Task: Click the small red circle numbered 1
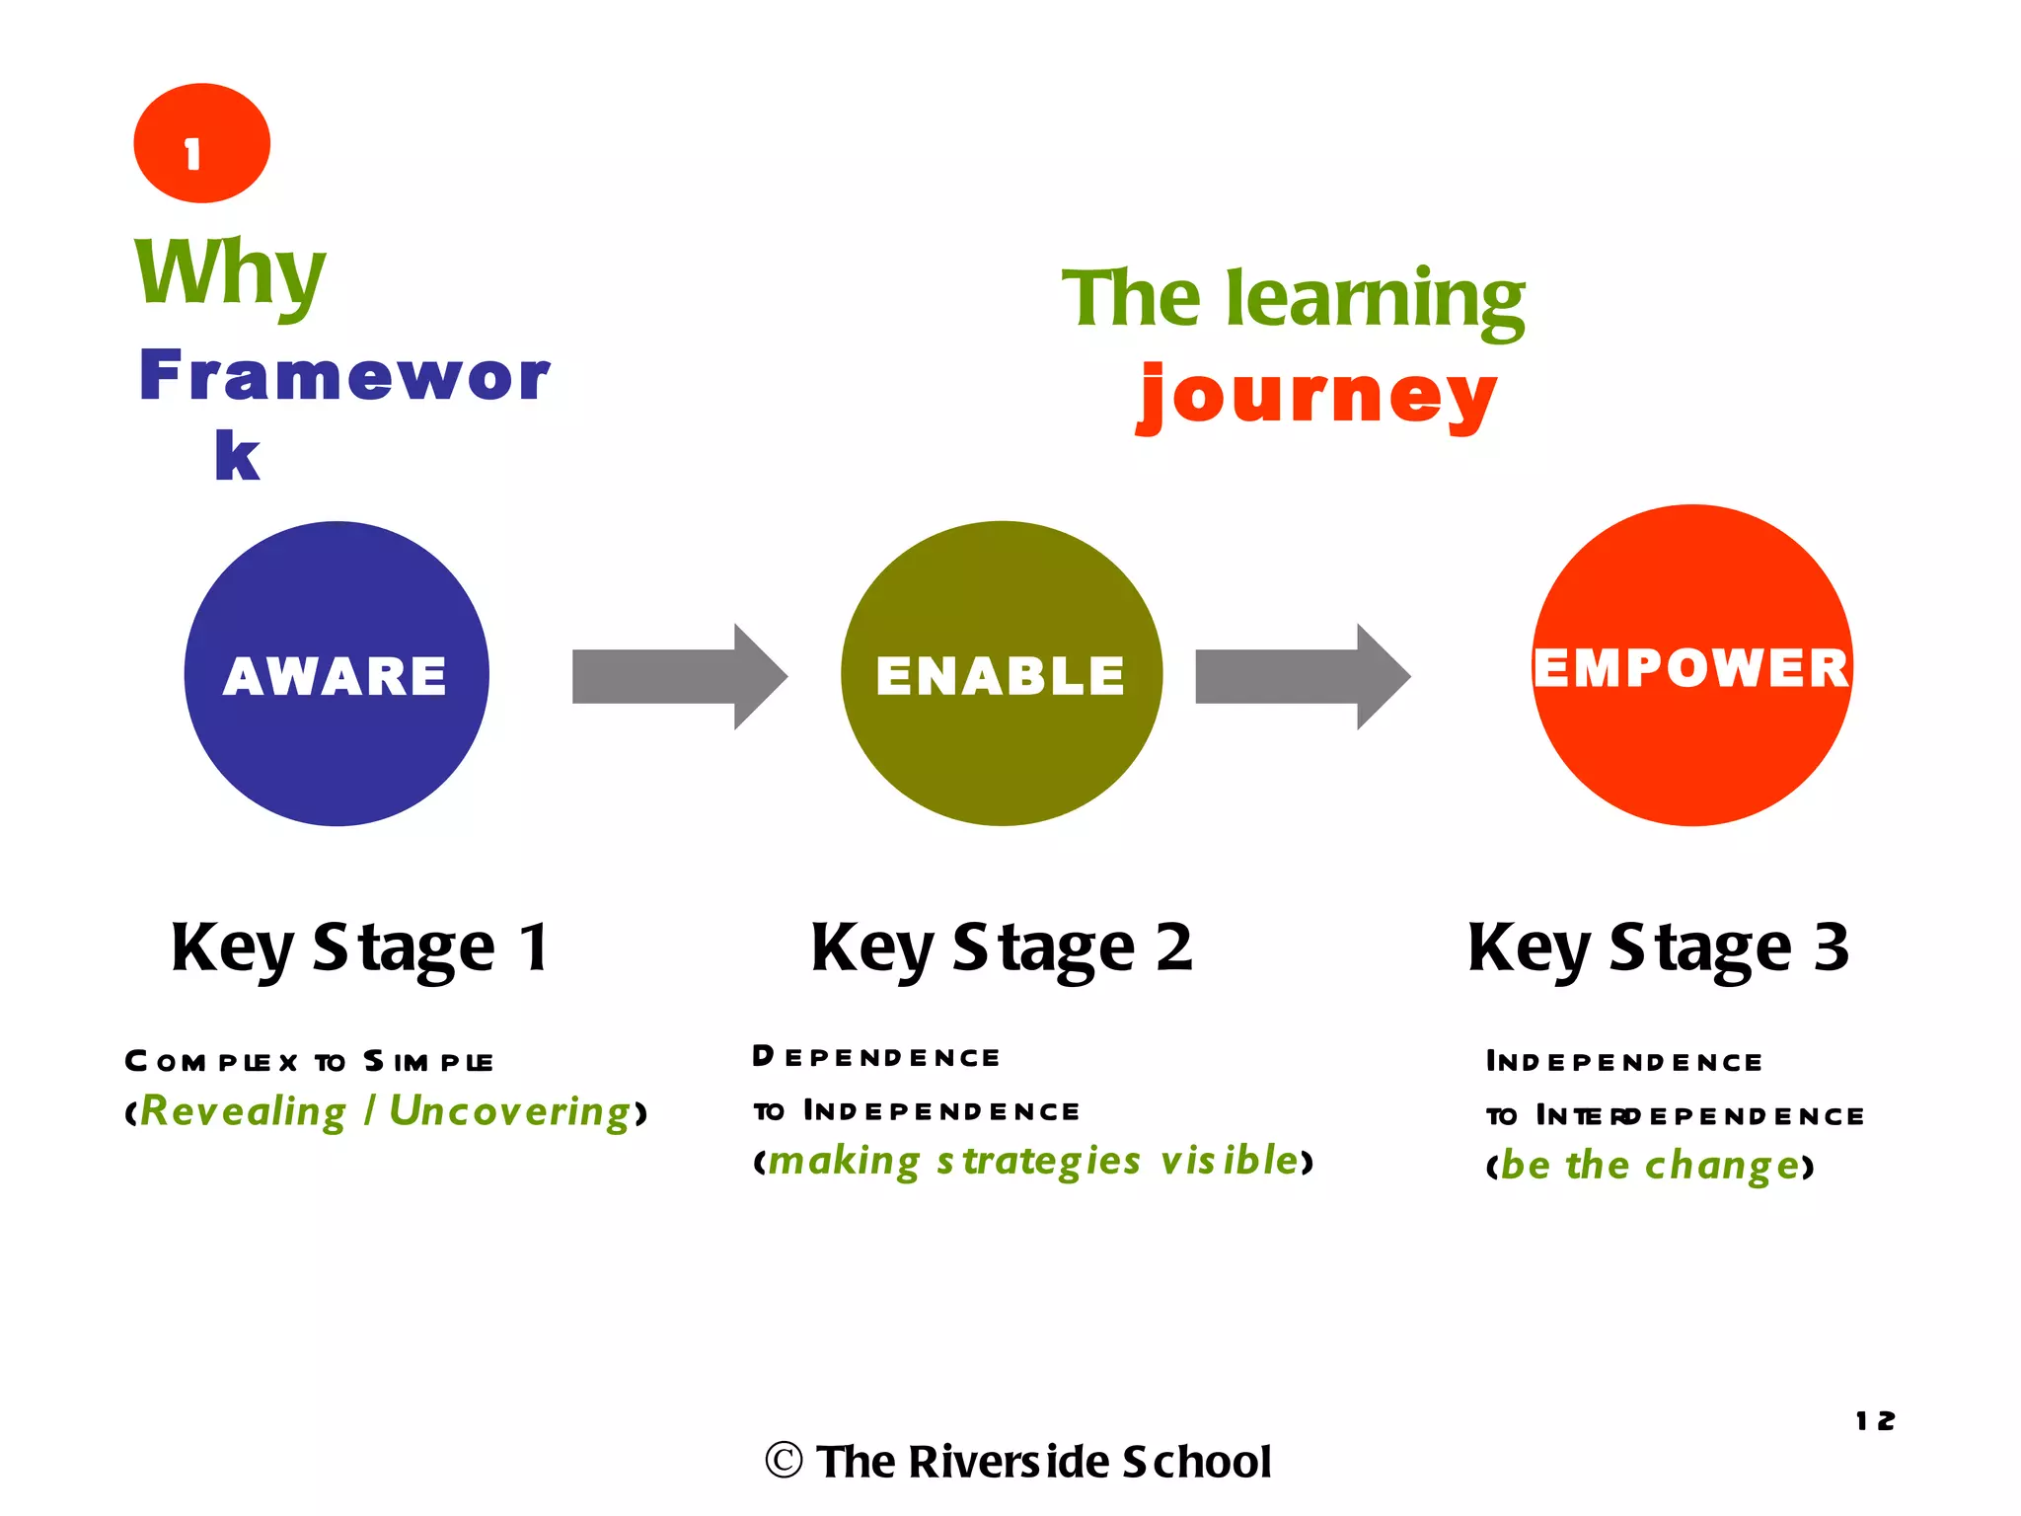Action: coord(201,143)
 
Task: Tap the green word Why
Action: coord(230,273)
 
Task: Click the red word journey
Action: coord(1316,395)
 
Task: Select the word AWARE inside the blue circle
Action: coord(336,676)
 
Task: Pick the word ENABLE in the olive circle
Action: coord(1000,676)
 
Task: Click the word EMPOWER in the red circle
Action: coord(1691,668)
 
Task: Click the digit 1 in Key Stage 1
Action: coord(534,947)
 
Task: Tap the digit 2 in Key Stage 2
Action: coord(1174,947)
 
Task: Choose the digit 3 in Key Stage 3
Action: coord(1831,947)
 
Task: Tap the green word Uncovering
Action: coord(510,1111)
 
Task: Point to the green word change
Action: coord(1722,1166)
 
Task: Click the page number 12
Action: coord(1875,1421)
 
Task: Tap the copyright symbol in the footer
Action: coord(784,1461)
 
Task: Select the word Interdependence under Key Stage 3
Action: coord(1700,1116)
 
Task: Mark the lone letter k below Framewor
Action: coord(237,456)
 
